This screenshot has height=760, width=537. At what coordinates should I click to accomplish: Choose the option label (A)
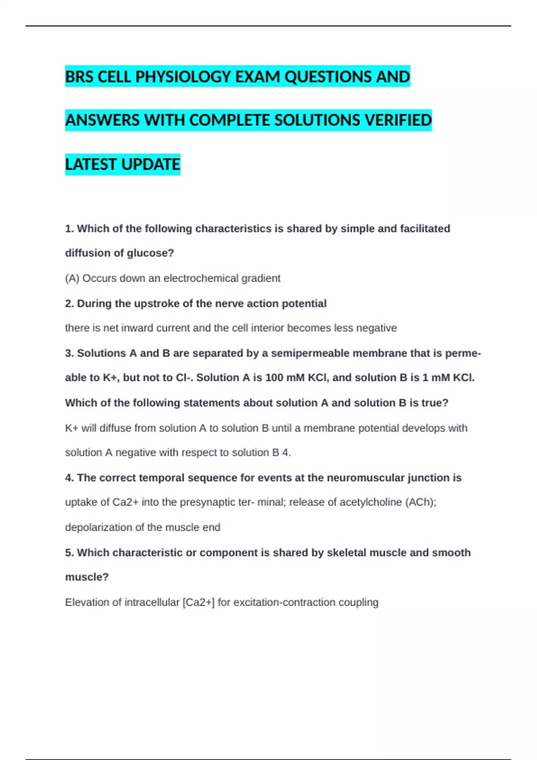point(72,278)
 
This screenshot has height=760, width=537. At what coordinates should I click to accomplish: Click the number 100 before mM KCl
point(274,378)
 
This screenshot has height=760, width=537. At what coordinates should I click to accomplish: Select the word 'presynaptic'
point(207,502)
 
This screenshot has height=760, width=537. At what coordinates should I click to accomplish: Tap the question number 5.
point(69,553)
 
